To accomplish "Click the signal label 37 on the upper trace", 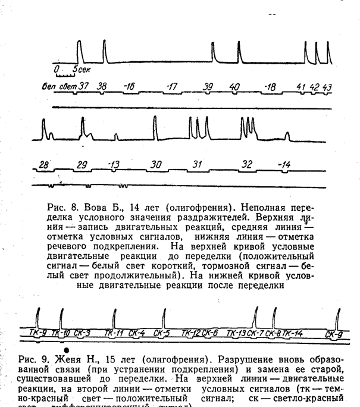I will point(83,86).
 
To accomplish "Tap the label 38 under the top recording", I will point(102,86).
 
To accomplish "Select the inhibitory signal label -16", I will point(129,87).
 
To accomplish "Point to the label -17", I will point(172,87).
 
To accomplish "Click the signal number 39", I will point(208,87).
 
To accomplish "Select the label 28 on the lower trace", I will point(43,164).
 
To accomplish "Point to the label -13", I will point(114,164).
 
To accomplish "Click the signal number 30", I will point(156,164).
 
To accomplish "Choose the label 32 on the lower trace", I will point(247,164).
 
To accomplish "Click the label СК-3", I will point(82,333).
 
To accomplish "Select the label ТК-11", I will point(114,333).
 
